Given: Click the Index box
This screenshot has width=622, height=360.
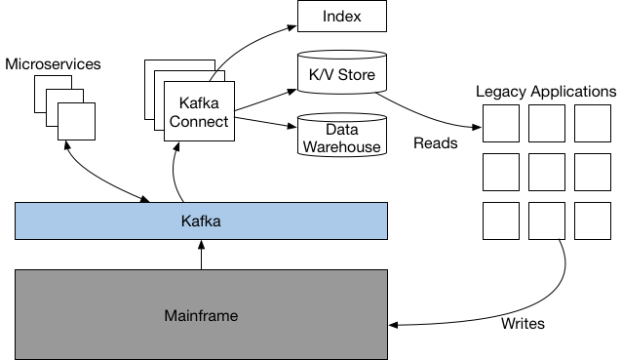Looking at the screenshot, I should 341,17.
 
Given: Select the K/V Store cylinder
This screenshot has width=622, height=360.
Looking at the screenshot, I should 341,75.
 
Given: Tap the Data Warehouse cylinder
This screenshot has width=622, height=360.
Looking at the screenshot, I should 341,137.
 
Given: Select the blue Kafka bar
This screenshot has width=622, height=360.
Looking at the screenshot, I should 201,221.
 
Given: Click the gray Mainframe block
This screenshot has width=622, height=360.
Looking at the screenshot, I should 201,315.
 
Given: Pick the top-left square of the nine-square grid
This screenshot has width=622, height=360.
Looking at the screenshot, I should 501,124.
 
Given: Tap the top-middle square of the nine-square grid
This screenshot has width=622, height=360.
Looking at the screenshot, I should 547,124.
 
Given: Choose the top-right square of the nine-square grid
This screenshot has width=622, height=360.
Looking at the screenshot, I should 593,124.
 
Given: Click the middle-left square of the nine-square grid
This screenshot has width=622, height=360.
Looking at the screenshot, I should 501,172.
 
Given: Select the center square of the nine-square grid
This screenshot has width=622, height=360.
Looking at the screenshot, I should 547,172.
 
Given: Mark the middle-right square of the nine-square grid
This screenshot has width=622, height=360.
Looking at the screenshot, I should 593,172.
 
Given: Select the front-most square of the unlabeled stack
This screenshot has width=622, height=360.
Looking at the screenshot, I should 76,122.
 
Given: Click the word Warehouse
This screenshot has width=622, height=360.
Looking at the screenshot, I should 341,147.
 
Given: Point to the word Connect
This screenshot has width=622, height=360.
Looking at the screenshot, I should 199,122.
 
